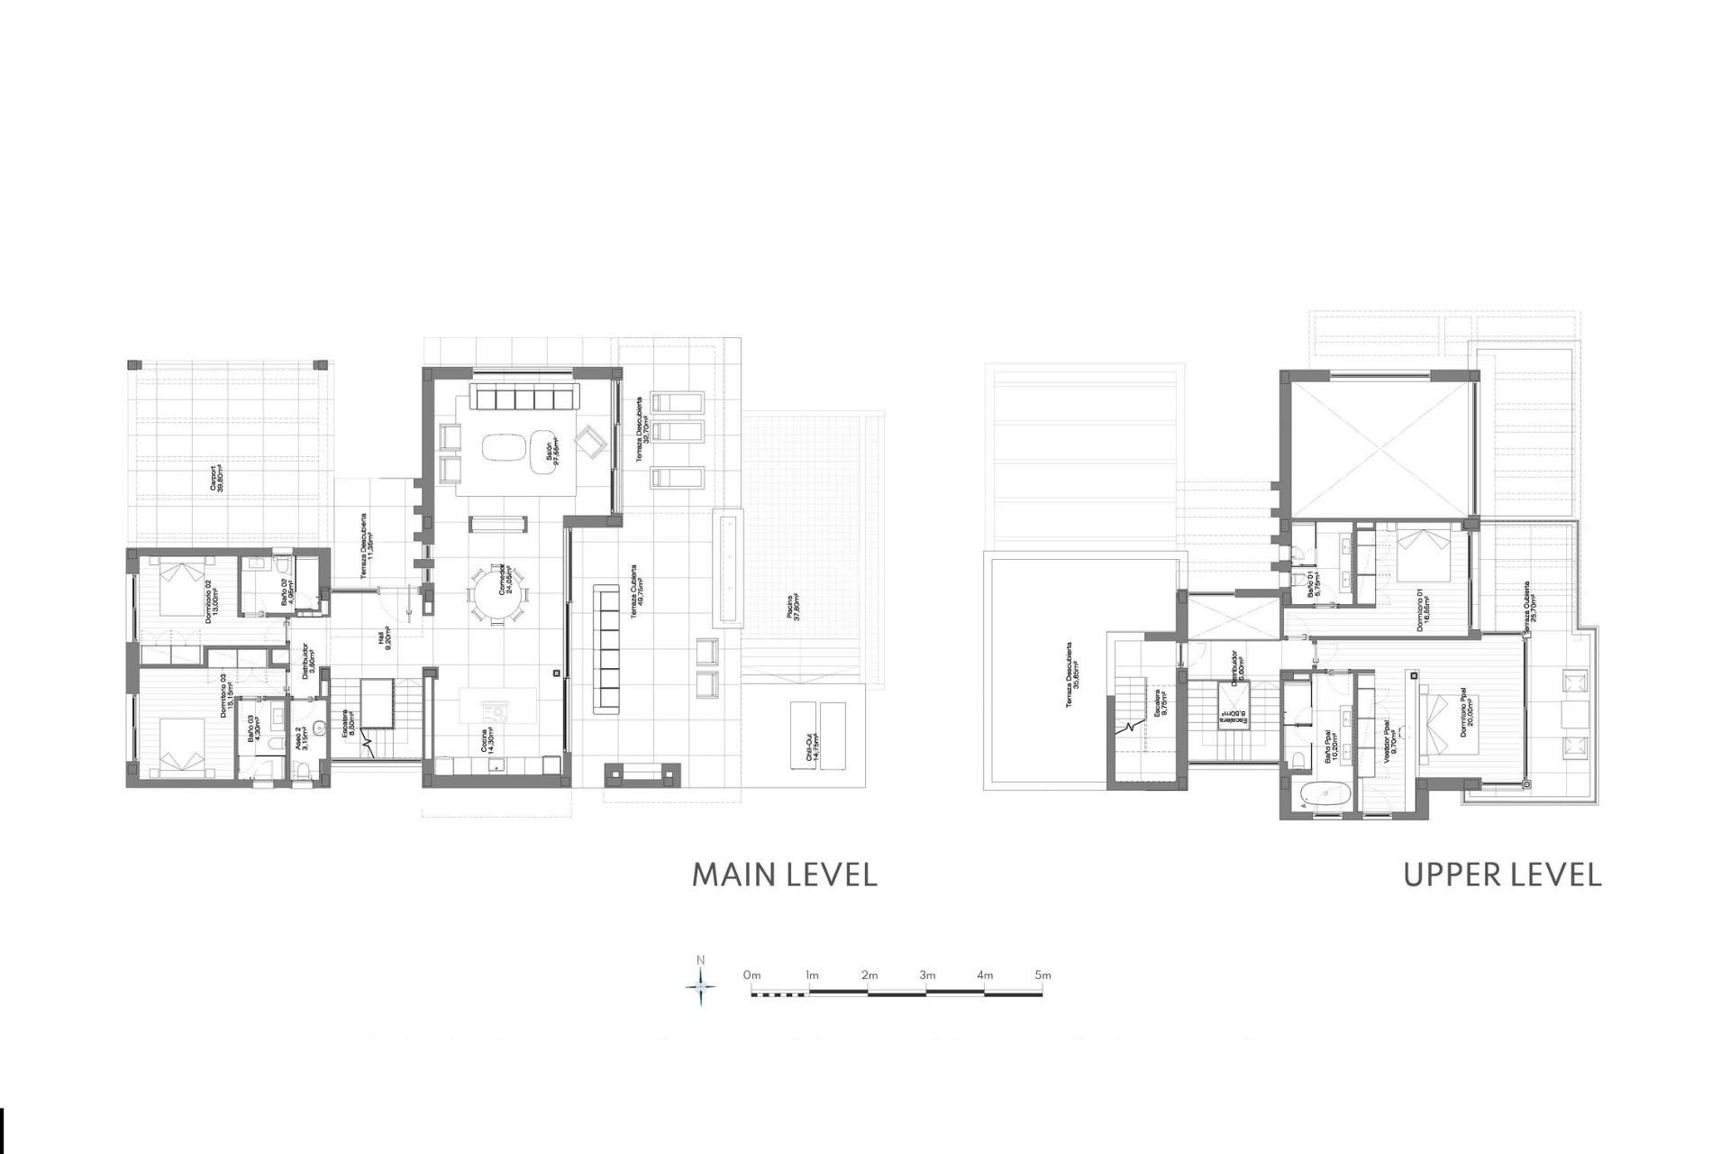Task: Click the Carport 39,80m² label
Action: click(217, 479)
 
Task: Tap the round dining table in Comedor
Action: click(498, 593)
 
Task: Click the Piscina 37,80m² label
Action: click(794, 613)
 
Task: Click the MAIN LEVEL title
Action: click(784, 875)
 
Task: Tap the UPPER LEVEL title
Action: click(1502, 875)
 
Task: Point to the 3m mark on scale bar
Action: click(927, 975)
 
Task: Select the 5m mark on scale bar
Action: click(1043, 975)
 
